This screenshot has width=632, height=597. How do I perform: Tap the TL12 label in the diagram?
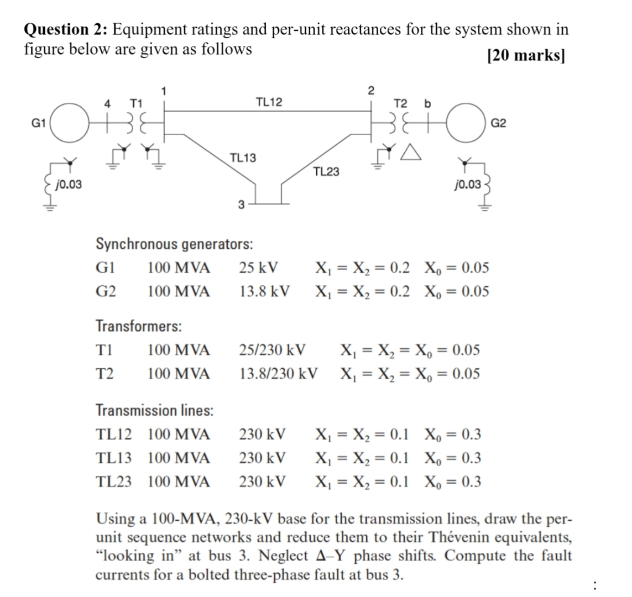269,102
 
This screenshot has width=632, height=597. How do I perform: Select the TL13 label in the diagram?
243,158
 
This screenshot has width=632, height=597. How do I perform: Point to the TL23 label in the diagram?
326,172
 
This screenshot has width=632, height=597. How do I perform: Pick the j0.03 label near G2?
467,184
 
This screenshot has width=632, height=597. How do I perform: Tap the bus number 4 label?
108,102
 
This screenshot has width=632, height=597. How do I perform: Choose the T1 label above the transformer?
135,102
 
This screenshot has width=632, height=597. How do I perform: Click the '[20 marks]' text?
525,56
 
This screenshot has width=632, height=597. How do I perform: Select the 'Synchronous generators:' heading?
175,243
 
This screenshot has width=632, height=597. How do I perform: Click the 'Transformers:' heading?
139,326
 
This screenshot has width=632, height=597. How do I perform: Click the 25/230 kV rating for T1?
272,350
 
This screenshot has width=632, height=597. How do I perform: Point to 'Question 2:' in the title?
66,29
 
